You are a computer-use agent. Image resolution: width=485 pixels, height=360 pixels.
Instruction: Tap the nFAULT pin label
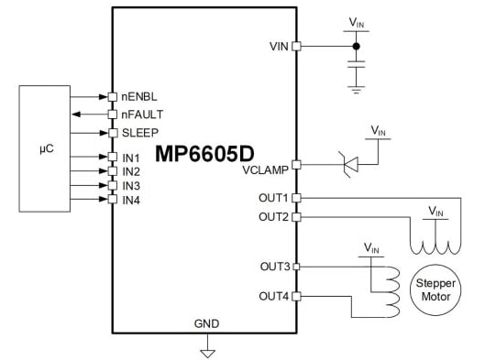pyautogui.click(x=141, y=114)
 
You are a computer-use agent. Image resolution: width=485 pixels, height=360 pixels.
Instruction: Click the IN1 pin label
pyautogui.click(x=131, y=157)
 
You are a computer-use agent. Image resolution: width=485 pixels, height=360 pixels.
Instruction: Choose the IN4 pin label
pyautogui.click(x=131, y=200)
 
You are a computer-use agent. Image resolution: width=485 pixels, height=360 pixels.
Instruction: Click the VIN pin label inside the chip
pyautogui.click(x=280, y=46)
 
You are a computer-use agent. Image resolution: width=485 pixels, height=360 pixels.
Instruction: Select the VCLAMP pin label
pyautogui.click(x=266, y=170)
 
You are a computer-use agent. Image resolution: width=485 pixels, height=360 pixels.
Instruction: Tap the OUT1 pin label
pyautogui.click(x=273, y=198)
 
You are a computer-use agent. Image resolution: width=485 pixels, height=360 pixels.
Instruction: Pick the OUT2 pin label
pyautogui.click(x=273, y=216)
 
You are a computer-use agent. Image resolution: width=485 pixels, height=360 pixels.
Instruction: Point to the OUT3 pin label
pyautogui.click(x=273, y=267)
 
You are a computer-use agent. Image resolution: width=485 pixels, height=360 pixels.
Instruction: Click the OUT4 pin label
pyautogui.click(x=273, y=296)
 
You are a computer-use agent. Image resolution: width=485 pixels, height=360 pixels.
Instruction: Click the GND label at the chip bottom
pyautogui.click(x=206, y=324)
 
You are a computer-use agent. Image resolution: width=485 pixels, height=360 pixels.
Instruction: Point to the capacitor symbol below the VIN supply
pyautogui.click(x=358, y=63)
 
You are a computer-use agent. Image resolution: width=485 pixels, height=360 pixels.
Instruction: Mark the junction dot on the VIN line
pyautogui.click(x=358, y=45)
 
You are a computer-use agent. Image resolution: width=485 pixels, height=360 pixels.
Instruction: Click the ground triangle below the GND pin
pyautogui.click(x=207, y=351)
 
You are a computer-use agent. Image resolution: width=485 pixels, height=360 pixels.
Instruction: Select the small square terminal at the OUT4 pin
pyautogui.click(x=295, y=296)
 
